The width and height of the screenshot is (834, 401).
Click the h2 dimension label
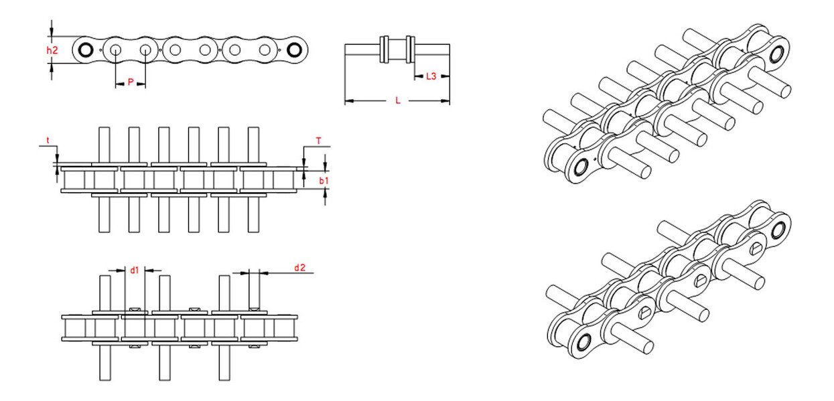pos(52,50)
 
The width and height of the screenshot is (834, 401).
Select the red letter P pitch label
pos(131,82)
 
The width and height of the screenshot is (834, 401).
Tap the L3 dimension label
pos(431,76)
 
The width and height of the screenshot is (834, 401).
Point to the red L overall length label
pos(398,100)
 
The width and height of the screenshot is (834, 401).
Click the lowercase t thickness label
pos(48,140)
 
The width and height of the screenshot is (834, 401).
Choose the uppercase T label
pos(319,141)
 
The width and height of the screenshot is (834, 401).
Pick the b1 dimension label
pos(324,181)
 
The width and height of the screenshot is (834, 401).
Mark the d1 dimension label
pos(135,270)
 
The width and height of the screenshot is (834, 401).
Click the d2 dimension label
pos(299,268)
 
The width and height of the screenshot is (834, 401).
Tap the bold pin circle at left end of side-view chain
pos(85,50)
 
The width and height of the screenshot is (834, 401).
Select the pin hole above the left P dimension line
pos(115,50)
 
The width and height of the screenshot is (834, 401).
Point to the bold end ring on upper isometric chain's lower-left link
pos(581,167)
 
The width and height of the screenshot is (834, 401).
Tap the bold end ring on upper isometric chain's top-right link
pos(777,55)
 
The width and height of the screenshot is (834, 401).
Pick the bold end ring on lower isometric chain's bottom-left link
pos(583,342)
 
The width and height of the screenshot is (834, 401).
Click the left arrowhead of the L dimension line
pos(349,100)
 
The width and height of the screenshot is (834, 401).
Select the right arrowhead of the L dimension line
pos(445,100)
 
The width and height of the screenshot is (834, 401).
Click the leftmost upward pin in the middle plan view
pos(105,145)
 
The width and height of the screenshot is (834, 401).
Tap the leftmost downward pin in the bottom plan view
pos(105,363)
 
